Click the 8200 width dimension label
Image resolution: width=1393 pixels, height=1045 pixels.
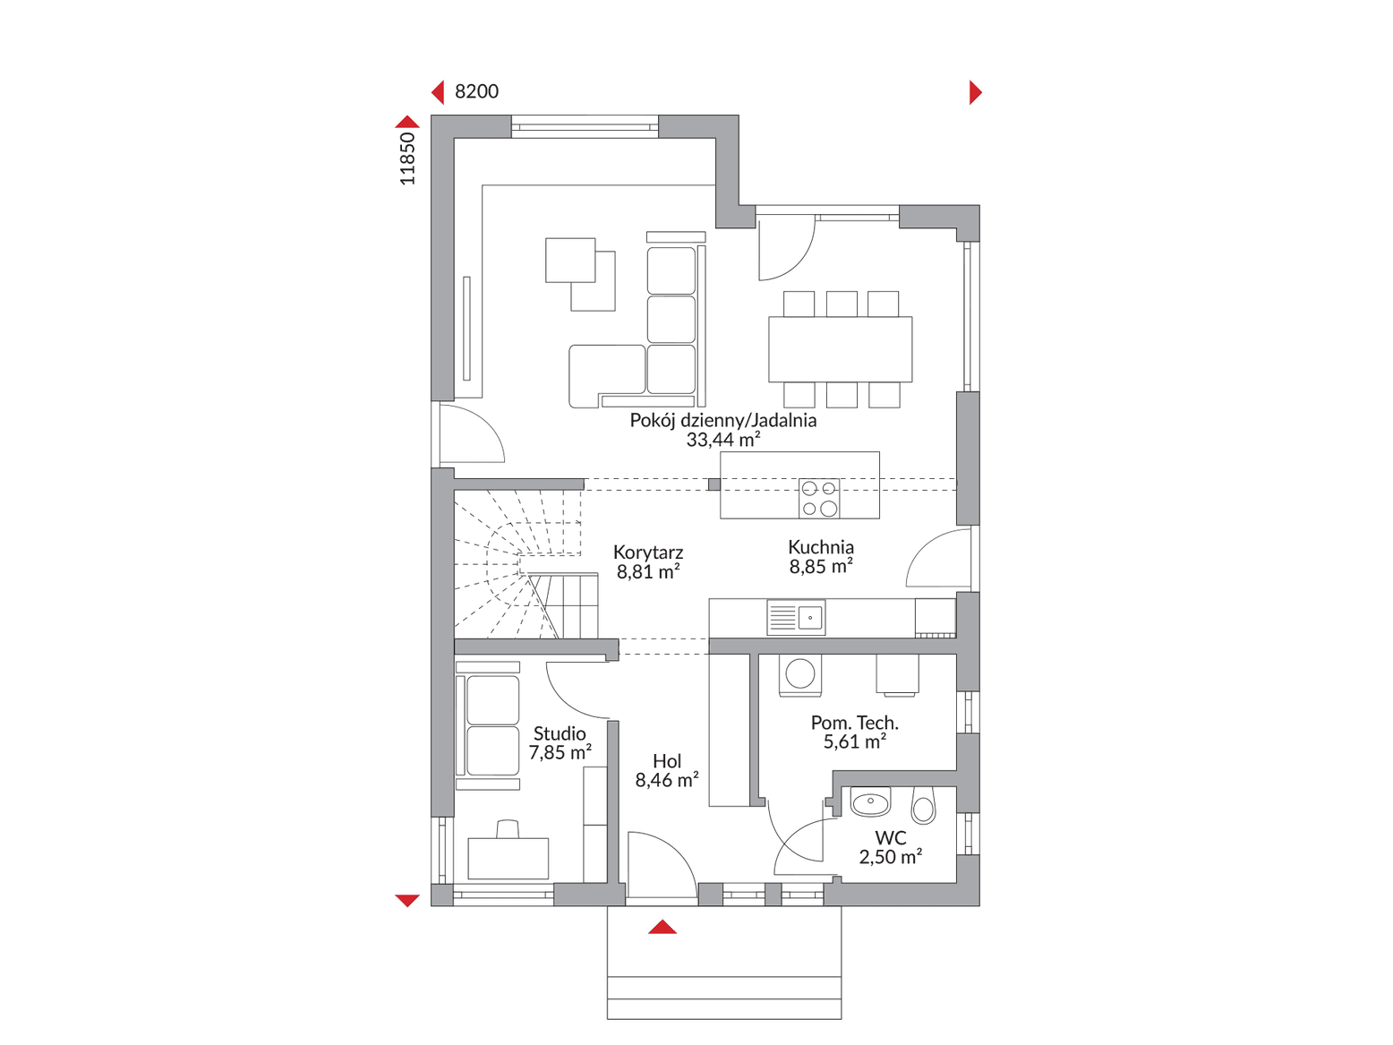pyautogui.click(x=476, y=91)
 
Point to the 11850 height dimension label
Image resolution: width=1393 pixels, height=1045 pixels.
pyautogui.click(x=406, y=158)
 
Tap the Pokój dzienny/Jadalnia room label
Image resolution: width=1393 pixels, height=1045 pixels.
pyautogui.click(x=722, y=420)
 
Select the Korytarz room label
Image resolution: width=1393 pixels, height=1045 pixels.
pyautogui.click(x=648, y=552)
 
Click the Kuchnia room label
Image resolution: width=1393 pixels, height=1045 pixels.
pyautogui.click(x=821, y=547)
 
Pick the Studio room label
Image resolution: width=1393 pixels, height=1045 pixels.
pyautogui.click(x=560, y=733)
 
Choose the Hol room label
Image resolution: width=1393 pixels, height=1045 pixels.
pyautogui.click(x=667, y=761)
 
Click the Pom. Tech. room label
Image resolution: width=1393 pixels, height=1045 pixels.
pyautogui.click(x=854, y=723)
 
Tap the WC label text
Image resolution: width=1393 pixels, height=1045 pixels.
pyautogui.click(x=891, y=837)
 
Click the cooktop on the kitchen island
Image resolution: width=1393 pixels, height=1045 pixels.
pyautogui.click(x=819, y=498)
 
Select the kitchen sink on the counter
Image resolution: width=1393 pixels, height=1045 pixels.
pyautogui.click(x=796, y=617)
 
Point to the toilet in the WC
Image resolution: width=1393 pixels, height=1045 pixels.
pyautogui.click(x=923, y=805)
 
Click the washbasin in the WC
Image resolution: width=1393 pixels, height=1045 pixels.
pyautogui.click(x=871, y=802)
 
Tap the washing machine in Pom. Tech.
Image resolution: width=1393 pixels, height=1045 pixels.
pyautogui.click(x=799, y=675)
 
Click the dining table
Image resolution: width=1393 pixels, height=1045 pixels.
pyautogui.click(x=841, y=349)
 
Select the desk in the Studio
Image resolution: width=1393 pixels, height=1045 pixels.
pyautogui.click(x=508, y=858)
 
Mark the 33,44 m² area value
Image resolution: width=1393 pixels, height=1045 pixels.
pyautogui.click(x=722, y=439)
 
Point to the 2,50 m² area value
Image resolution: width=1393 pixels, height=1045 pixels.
pyautogui.click(x=891, y=857)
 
